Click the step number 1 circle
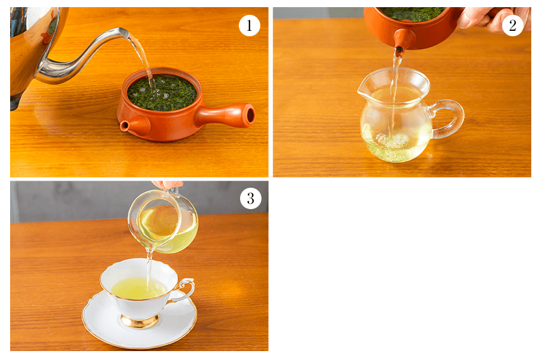coord(249,25)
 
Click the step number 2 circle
coord(512,25)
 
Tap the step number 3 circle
coord(250,198)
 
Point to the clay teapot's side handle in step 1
coord(225,115)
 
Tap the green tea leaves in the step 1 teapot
coord(162,93)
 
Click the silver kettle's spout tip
coord(125,31)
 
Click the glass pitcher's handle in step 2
coord(448,118)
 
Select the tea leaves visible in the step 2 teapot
coord(412,14)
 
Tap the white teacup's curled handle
coord(184,290)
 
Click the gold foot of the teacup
coord(140,322)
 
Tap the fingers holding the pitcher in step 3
coord(167,185)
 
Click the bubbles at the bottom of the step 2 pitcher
coord(392,140)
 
